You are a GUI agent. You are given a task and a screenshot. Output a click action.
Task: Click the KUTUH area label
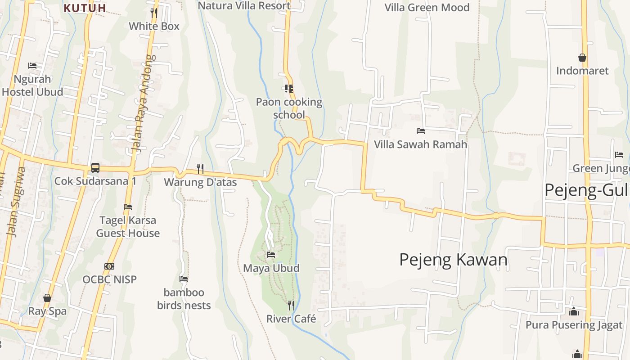point(85,8)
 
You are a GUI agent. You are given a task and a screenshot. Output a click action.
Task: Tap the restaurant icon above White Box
point(154,13)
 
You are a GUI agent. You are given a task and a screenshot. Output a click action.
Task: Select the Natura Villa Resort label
point(244,5)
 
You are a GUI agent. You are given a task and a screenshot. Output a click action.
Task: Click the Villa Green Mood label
point(427,7)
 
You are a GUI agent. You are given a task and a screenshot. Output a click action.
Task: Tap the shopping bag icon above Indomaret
point(582,58)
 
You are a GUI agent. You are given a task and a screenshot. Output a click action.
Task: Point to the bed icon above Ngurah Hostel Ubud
point(32,66)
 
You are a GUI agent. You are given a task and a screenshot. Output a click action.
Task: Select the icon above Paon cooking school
point(288,89)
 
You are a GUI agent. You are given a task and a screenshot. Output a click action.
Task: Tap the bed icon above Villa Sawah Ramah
point(421,131)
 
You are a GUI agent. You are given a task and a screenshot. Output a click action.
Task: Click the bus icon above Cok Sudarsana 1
point(95,168)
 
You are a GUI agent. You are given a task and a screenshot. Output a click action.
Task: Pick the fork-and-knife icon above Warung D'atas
point(200,169)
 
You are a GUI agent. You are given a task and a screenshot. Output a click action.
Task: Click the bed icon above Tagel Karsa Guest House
point(128,207)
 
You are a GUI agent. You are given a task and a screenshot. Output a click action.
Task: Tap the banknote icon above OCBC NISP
point(109,266)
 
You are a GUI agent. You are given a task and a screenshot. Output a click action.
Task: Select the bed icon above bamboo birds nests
point(184,279)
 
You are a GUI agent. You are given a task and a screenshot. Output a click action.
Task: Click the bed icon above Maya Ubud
point(271,255)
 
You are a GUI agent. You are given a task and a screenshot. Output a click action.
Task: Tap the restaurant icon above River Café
point(291,306)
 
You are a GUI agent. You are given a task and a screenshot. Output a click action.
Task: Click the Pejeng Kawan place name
point(454,260)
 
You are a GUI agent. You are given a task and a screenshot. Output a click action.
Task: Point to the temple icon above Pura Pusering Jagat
point(574,311)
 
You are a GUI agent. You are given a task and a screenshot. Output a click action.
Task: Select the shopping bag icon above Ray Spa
point(47,298)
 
